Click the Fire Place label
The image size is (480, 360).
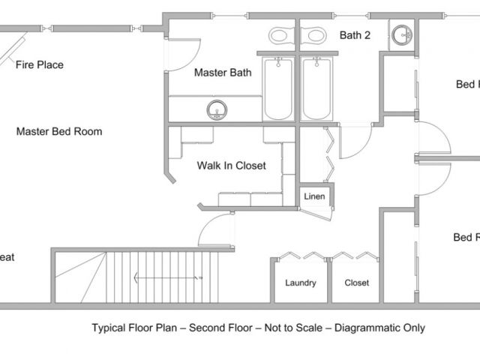click(40, 65)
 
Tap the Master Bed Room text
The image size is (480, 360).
click(59, 131)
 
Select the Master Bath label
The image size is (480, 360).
click(223, 73)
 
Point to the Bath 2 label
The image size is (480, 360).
click(355, 34)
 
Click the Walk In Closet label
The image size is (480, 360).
click(231, 166)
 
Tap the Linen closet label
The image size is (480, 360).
click(313, 196)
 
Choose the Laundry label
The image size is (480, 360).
click(301, 283)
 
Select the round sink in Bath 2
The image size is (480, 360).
click(403, 34)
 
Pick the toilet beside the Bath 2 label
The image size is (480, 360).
click(314, 35)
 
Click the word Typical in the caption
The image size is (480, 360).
click(109, 328)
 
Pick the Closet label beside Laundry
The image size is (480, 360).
click(357, 283)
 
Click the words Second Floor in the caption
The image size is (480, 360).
click(221, 328)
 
